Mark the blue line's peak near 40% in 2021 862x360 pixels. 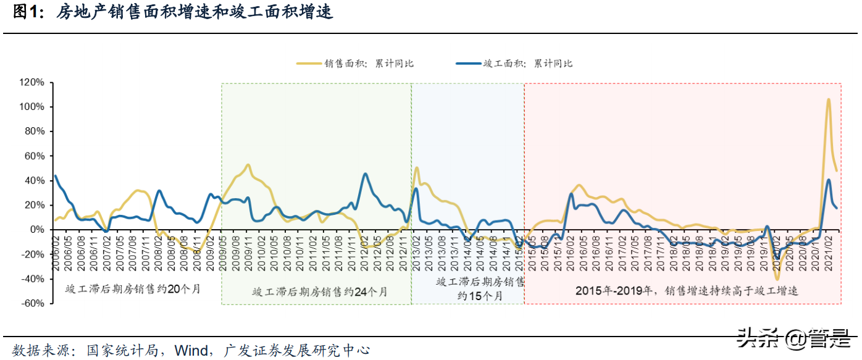point(828,180)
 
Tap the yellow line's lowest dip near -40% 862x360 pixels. point(777,279)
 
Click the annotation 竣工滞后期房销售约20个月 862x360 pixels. point(133,288)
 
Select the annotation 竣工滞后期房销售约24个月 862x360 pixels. point(320,292)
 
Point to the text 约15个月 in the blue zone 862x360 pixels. point(479,296)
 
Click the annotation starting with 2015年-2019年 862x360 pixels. point(686,290)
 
